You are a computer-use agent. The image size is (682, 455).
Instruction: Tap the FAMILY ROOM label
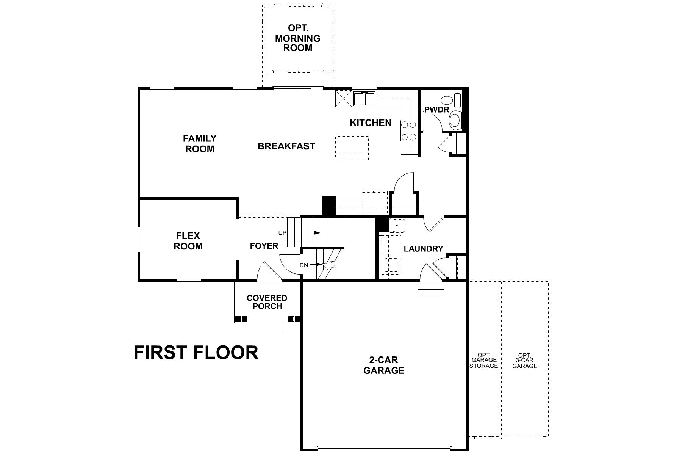click(200, 144)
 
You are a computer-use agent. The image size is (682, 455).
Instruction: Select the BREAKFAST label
click(286, 146)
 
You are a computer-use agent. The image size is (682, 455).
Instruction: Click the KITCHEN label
click(371, 123)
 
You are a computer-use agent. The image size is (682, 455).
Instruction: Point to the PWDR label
click(436, 110)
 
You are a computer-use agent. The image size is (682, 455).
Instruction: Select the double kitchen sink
click(364, 99)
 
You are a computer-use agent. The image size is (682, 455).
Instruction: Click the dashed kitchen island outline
click(352, 148)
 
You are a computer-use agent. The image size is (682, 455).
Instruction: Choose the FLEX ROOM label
click(188, 241)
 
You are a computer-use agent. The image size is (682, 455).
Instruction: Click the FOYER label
click(264, 246)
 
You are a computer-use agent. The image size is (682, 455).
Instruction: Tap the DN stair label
click(304, 265)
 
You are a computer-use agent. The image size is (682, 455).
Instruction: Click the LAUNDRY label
click(423, 249)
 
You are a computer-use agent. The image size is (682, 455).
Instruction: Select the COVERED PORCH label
click(267, 302)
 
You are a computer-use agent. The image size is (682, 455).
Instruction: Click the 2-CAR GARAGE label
click(384, 365)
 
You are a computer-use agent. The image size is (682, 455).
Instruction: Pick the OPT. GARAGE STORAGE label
click(483, 361)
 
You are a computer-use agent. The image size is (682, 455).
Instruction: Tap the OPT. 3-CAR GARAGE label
click(525, 361)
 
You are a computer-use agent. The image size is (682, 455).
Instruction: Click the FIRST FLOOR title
click(196, 353)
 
